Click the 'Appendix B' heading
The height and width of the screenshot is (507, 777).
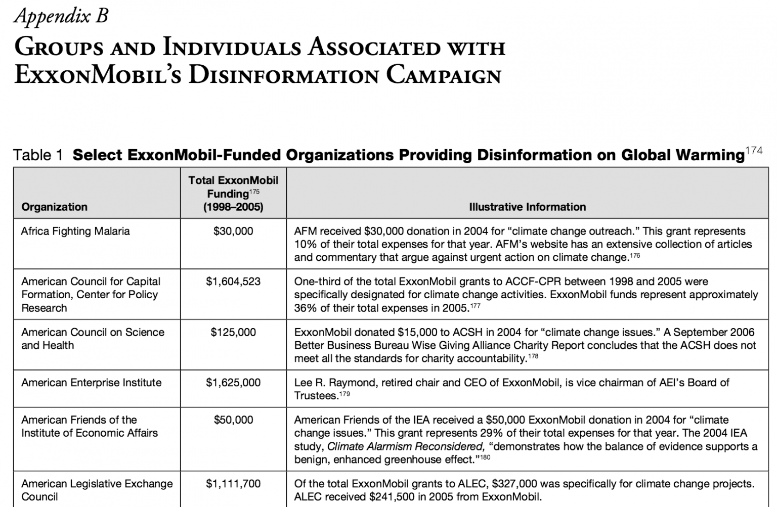61,16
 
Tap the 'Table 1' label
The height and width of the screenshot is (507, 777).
38,155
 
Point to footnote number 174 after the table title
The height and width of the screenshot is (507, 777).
754,151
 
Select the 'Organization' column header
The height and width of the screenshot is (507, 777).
54,207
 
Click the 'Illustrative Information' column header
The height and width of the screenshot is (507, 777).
527,207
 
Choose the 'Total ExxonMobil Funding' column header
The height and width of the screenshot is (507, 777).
233,194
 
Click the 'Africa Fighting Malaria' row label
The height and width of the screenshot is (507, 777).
75,231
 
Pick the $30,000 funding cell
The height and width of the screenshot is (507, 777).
233,231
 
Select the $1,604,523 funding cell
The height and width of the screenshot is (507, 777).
233,282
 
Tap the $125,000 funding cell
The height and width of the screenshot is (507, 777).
233,332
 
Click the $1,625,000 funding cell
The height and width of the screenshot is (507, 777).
233,383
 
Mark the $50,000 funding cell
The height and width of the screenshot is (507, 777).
233,420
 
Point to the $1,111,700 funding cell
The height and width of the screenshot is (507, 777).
233,484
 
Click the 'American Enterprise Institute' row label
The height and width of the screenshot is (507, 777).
91,383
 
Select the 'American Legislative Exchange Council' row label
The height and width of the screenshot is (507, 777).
97,490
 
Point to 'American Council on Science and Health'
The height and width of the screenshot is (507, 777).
93,339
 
